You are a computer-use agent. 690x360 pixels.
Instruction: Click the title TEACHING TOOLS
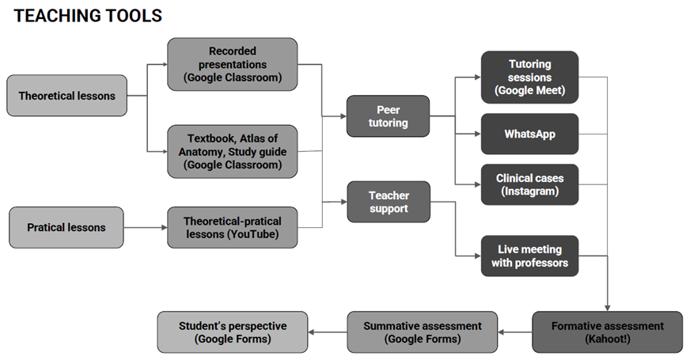(x=88, y=15)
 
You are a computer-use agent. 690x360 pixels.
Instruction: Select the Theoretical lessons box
(x=67, y=96)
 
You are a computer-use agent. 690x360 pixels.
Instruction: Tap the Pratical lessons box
(x=66, y=227)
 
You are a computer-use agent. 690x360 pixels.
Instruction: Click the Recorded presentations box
(x=233, y=64)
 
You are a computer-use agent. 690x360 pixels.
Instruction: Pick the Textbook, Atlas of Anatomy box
(x=233, y=151)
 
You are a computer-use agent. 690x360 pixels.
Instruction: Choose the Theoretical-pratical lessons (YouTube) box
(x=233, y=227)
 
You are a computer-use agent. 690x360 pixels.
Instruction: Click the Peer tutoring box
(x=388, y=116)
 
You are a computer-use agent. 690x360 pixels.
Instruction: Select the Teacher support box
(x=388, y=202)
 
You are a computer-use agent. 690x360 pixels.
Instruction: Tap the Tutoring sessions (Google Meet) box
(x=529, y=77)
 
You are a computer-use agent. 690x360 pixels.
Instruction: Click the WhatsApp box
(x=529, y=134)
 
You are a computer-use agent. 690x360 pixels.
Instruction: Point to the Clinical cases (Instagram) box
(x=529, y=184)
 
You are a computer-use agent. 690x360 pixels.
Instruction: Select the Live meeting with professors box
(x=529, y=256)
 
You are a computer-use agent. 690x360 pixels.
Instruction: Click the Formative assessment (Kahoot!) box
(x=607, y=332)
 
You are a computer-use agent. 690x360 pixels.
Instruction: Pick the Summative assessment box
(x=423, y=332)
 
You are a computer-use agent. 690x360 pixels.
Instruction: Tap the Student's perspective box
(x=233, y=332)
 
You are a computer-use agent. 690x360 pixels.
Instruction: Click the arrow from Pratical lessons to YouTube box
(x=145, y=228)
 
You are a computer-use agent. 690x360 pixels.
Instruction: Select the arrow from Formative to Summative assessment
(x=515, y=332)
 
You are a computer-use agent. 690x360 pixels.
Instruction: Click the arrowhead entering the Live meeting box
(x=476, y=256)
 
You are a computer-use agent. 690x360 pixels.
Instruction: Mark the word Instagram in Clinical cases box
(x=529, y=191)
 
